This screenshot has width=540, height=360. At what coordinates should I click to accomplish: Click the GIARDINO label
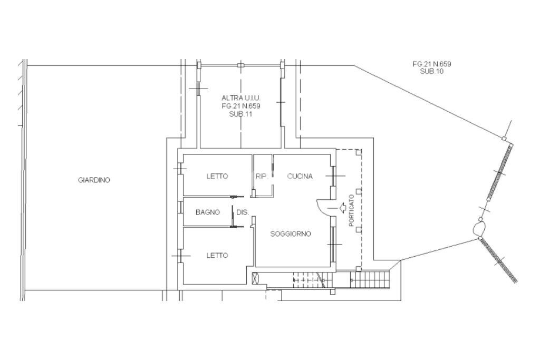[94, 180]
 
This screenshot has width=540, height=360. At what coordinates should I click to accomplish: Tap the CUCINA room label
[300, 176]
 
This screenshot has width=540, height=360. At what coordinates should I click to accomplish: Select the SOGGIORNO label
[291, 234]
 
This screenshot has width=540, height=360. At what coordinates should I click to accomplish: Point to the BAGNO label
[208, 212]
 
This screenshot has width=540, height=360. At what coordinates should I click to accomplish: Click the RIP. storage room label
[262, 176]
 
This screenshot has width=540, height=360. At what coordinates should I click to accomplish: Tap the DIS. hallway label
[243, 212]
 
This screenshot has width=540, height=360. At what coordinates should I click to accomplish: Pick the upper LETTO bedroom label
[217, 176]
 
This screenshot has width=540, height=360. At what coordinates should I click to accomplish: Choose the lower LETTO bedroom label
[217, 255]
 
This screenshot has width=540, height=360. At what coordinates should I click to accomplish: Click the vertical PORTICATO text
[351, 211]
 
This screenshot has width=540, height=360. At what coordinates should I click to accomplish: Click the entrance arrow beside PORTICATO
[343, 208]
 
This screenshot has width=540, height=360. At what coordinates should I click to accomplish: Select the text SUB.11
[240, 114]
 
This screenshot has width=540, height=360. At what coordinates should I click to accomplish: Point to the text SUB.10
[432, 72]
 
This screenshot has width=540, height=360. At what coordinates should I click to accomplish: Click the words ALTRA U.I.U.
[241, 98]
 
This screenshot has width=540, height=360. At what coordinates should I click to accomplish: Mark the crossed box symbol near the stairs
[256, 278]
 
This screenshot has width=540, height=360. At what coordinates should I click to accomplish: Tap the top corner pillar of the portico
[359, 151]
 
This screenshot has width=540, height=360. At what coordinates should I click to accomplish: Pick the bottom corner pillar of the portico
[359, 268]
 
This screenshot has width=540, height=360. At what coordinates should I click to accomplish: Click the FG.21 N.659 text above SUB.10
[432, 64]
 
